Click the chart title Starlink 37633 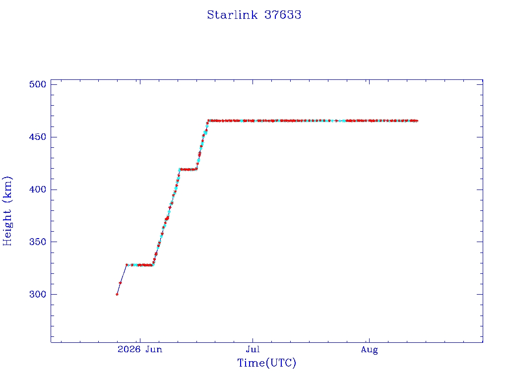coord(254,15)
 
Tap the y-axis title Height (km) coord(7,211)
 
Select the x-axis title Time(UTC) coord(266,363)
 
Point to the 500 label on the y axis coord(38,84)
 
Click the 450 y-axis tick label coord(38,137)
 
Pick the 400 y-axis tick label coord(38,190)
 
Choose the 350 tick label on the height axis coord(38,242)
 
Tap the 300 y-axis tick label coord(38,294)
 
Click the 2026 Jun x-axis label coord(140,349)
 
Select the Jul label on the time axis coord(253,349)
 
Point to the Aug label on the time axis coord(369,350)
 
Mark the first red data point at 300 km coord(117,294)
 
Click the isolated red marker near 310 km coord(120,283)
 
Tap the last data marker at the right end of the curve coord(417,121)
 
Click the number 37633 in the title coord(283,15)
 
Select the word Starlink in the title coord(232,15)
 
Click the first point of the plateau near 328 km coord(127,265)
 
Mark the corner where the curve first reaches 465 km coord(209,121)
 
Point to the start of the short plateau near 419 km coord(180,169)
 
